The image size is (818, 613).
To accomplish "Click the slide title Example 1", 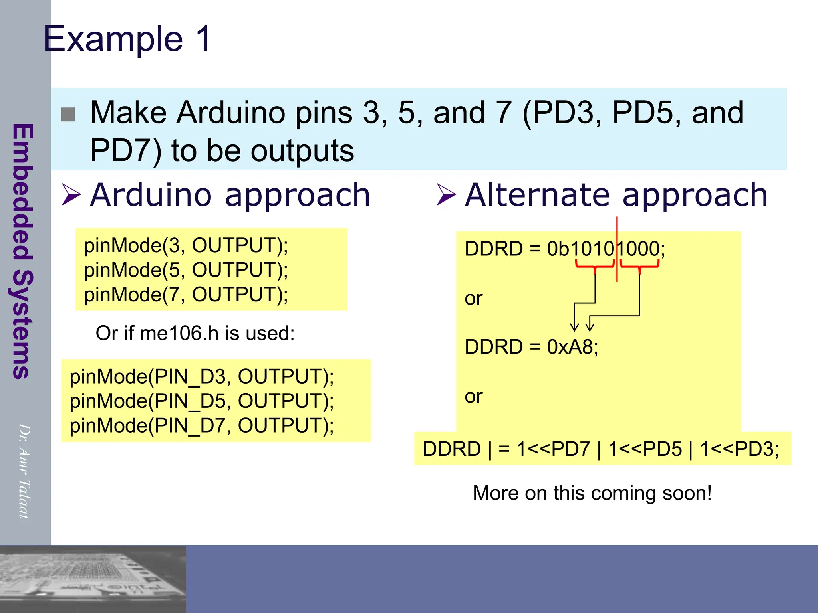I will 127,39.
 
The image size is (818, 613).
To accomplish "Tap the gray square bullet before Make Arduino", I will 68,115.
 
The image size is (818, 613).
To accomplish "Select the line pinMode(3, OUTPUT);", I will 186,245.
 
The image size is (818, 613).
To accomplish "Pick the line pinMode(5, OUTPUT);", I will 186,270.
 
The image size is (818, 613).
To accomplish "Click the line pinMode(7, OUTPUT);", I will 186,295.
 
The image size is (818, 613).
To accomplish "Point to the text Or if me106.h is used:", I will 195,333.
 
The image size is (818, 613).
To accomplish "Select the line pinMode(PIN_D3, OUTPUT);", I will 202,376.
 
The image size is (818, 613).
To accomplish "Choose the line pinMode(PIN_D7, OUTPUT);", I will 202,425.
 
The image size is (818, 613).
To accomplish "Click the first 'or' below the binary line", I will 474,298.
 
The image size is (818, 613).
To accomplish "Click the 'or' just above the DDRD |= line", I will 474,396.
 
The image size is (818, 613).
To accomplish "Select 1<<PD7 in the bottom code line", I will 553,449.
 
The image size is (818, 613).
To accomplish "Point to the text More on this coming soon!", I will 592,493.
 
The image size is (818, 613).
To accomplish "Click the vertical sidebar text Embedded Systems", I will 22,251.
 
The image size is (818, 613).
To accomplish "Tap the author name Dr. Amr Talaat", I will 24,471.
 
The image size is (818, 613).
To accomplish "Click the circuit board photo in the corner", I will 93,579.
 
